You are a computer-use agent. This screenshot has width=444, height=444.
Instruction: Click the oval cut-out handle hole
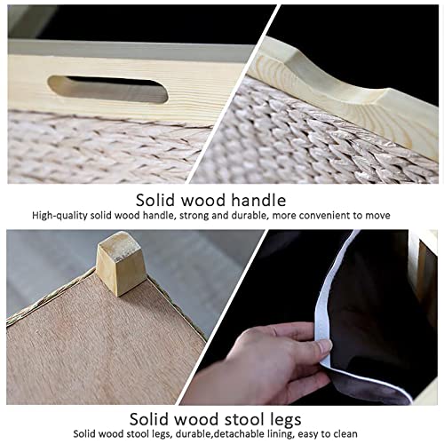[108, 90]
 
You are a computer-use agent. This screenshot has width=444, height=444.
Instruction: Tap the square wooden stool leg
[121, 264]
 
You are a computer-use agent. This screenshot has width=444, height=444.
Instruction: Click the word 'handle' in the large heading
[258, 201]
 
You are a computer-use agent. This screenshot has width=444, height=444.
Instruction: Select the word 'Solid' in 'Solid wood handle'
[155, 201]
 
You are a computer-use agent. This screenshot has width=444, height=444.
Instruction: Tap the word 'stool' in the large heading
[239, 419]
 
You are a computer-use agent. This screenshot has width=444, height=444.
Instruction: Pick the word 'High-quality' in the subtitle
[59, 216]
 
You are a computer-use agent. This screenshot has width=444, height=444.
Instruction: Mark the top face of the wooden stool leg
[122, 241]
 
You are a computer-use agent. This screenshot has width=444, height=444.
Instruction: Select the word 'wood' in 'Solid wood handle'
[203, 201]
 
